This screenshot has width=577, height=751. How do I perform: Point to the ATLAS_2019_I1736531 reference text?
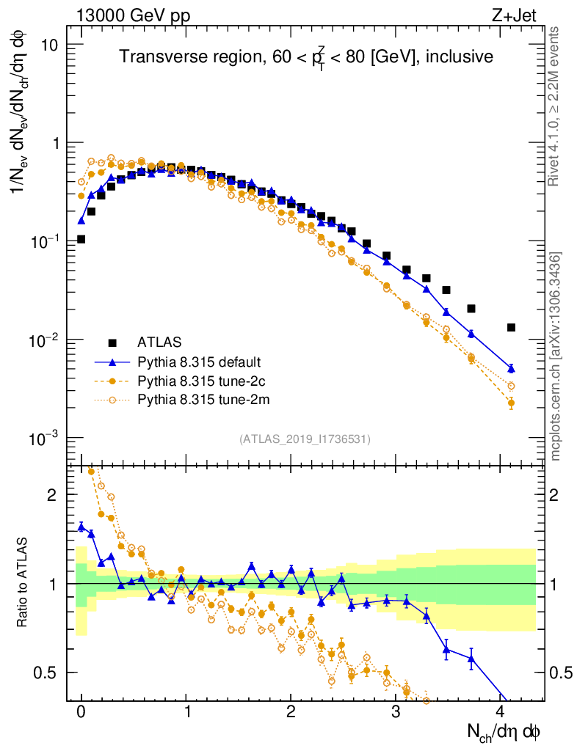(305, 439)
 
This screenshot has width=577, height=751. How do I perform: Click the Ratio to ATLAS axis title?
(23, 583)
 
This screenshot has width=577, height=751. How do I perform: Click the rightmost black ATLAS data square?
(511, 327)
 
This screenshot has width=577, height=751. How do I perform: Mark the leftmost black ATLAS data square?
(81, 239)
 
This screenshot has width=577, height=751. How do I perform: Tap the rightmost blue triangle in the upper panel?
(511, 368)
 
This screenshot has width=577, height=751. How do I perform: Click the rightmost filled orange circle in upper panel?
(511, 403)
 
